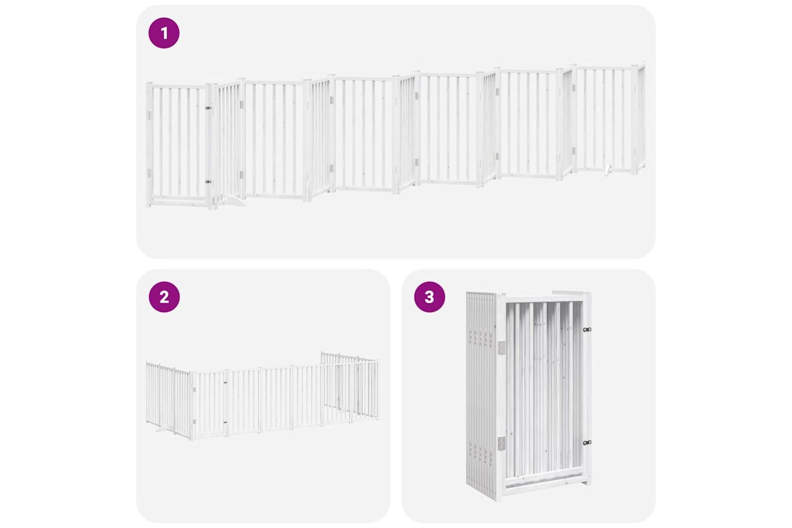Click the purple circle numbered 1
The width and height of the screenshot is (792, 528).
164,33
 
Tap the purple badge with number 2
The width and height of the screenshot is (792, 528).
164,297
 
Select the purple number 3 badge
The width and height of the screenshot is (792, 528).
430,297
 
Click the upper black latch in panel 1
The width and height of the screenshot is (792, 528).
208,108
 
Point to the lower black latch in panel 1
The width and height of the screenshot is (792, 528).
208,182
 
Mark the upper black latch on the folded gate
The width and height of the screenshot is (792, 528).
587,329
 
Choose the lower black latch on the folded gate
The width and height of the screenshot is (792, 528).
587,442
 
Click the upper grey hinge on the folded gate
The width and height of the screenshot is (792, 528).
502,347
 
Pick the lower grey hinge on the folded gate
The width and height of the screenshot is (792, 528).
502,444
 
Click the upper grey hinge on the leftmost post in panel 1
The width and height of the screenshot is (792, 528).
149,115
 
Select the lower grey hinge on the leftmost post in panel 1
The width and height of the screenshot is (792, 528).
149,173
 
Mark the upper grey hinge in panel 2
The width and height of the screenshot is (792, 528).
194,389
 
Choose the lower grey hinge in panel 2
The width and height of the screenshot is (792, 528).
194,422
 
